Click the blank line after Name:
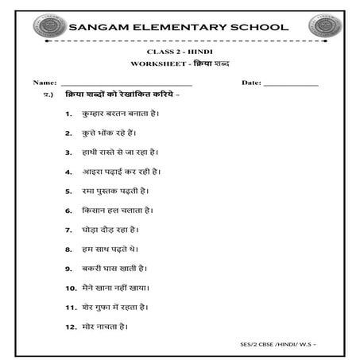126,83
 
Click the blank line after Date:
290,83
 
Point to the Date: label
251,82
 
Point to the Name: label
45,82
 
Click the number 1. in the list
70,114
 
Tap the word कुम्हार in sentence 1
95,114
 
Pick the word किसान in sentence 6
95,210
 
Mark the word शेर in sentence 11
89,306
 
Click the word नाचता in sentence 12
111,326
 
